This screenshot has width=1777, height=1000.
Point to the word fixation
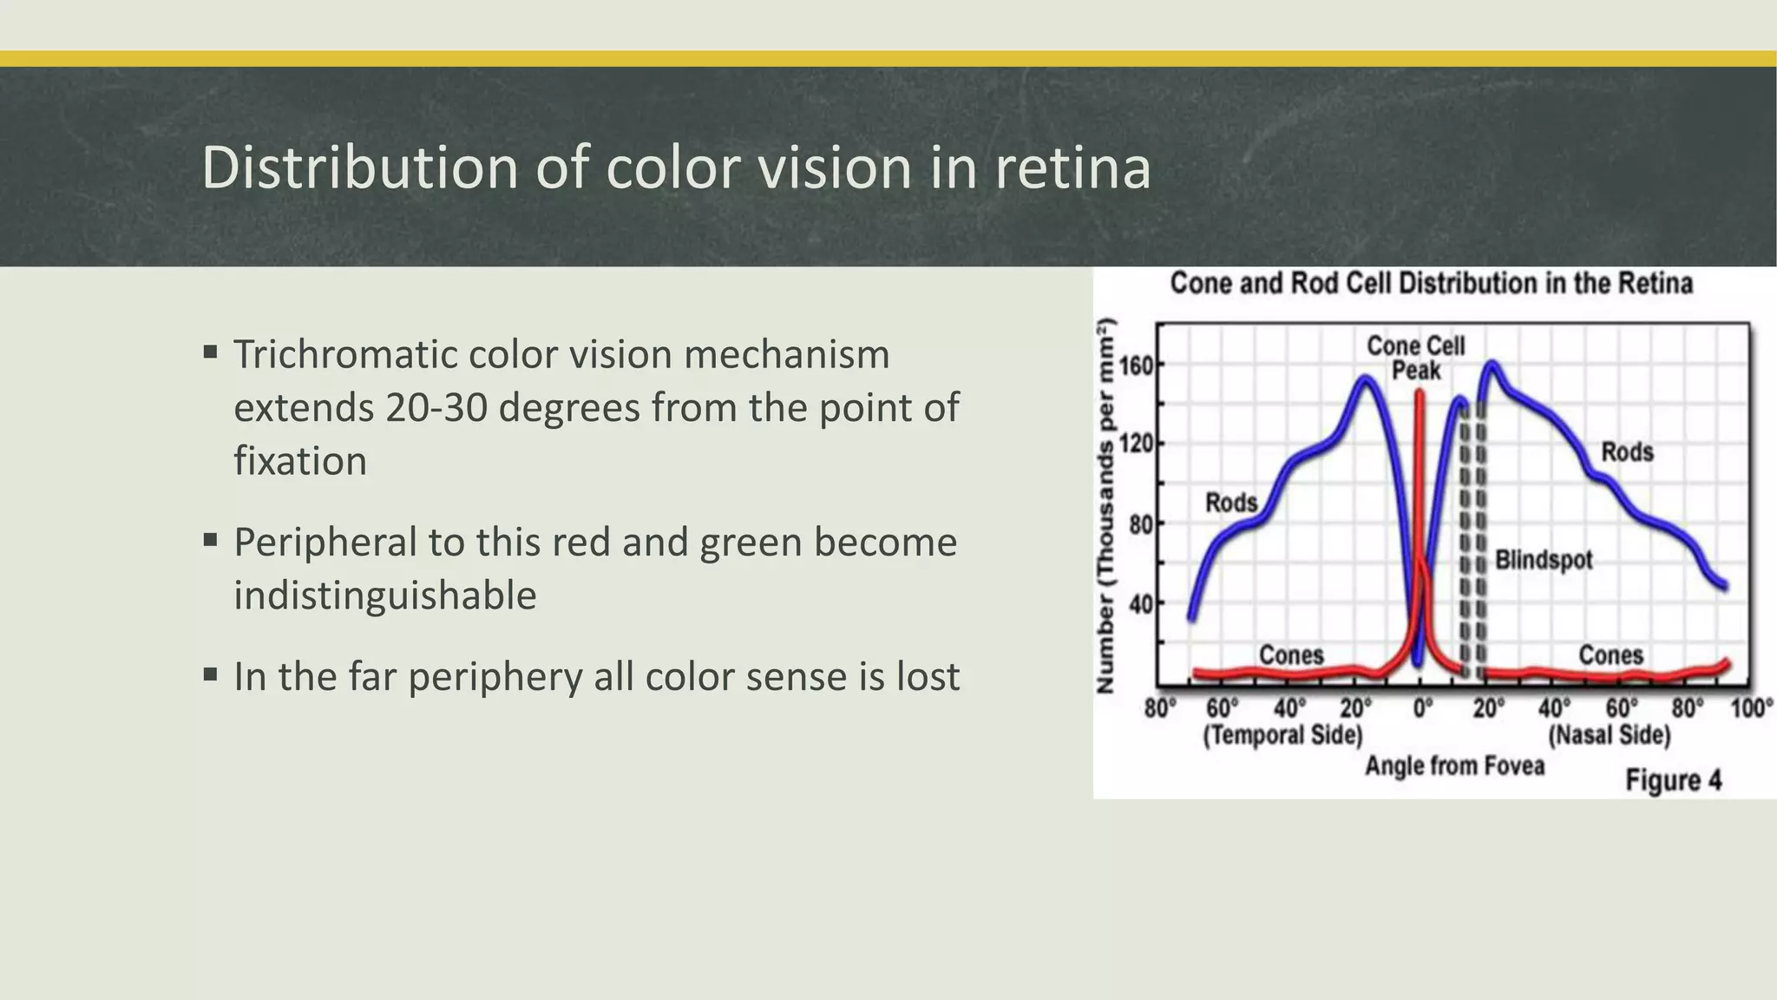coord(300,461)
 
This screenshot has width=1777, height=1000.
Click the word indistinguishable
coord(385,595)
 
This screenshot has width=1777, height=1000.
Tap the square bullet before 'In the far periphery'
coord(210,674)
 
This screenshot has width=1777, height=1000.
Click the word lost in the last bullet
coord(928,677)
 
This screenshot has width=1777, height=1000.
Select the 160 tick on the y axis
coord(1137,365)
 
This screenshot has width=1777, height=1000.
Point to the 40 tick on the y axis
coord(1141,604)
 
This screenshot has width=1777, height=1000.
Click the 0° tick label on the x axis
coord(1422,708)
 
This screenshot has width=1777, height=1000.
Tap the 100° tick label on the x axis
coord(1752,708)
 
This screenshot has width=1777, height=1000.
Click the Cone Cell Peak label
coord(1415,358)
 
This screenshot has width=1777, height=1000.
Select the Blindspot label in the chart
coord(1544,560)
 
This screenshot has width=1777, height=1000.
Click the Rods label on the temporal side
coord(1231,503)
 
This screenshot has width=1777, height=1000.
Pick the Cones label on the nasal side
coord(1610,655)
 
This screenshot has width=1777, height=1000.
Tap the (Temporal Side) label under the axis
coord(1282,735)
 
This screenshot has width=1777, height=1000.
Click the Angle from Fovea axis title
coord(1454,766)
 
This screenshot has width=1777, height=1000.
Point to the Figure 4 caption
coord(1673,780)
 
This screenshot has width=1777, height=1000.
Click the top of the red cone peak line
coord(1420,393)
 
